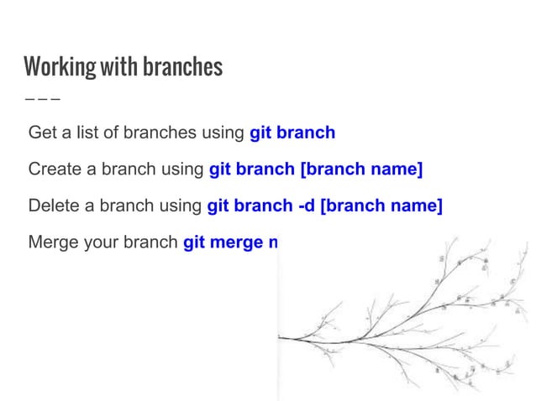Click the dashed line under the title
pos(42,97)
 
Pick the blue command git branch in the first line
pos(292,133)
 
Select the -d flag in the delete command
pos(307,206)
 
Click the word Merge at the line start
pos(52,243)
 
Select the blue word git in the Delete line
pos(218,206)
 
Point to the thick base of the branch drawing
pos(290,338)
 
